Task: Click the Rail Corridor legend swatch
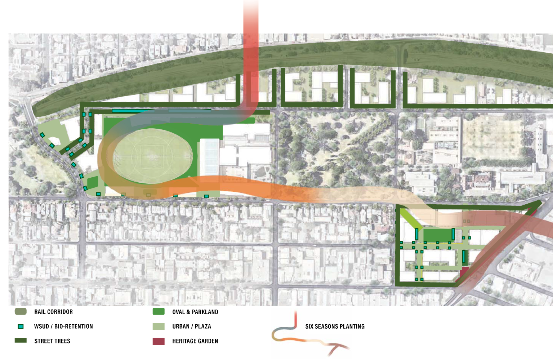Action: (21, 312)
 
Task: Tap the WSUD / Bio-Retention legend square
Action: (21, 326)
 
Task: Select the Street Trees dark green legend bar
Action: (21, 341)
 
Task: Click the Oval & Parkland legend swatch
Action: (159, 312)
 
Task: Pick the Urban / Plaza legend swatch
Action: (159, 326)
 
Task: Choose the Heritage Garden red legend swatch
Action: (159, 341)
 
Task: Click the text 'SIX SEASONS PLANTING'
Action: (335, 326)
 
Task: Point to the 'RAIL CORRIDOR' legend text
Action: (53, 312)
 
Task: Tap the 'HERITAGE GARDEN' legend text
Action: (195, 341)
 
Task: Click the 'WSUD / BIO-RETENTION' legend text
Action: (63, 326)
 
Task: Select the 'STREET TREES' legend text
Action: (52, 341)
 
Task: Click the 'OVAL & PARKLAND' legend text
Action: (195, 312)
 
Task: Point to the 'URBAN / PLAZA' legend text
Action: (191, 326)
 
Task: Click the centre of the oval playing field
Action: (153, 156)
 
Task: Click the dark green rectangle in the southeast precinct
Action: (437, 235)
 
